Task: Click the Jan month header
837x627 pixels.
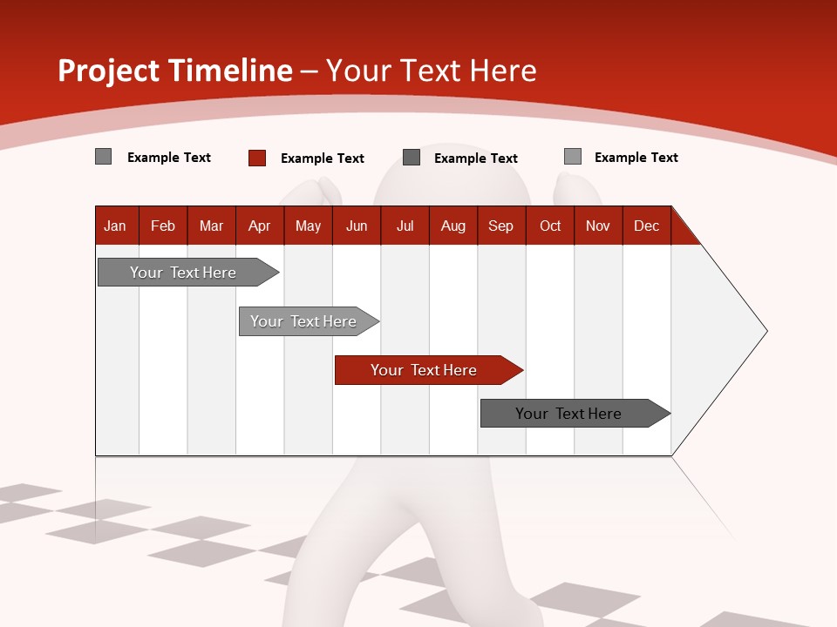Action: tap(115, 226)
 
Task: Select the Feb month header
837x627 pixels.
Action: tap(163, 226)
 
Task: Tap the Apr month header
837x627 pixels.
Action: tap(259, 226)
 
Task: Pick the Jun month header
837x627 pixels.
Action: tap(357, 226)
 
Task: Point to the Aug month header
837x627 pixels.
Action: tap(453, 226)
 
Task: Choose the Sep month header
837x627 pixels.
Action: tap(500, 226)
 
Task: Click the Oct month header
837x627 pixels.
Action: tap(550, 226)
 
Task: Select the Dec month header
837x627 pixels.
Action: tap(646, 226)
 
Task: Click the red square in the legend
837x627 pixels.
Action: tap(256, 158)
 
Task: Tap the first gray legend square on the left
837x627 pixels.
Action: tap(103, 157)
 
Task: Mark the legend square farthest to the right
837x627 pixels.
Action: tap(572, 157)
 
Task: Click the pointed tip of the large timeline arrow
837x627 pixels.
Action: tap(765, 331)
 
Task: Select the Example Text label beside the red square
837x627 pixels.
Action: tap(322, 158)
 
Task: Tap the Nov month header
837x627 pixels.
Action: tap(598, 226)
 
